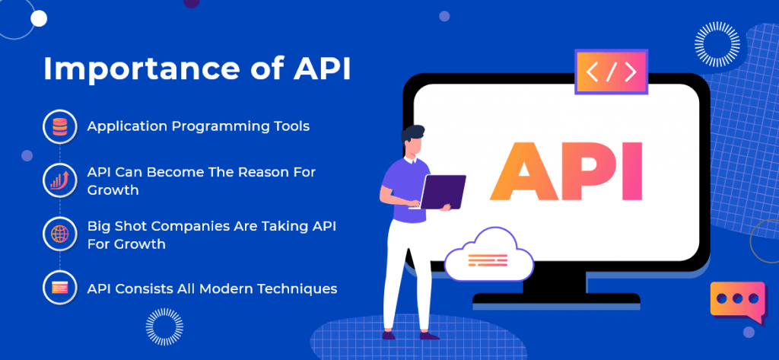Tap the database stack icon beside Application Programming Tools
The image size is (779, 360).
coord(59,127)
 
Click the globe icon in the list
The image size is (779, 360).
coord(59,233)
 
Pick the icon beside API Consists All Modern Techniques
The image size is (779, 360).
coord(59,288)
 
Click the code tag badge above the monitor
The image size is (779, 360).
coord(611,72)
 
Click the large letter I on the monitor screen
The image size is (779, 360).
coord(635,170)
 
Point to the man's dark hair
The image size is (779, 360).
coord(412,134)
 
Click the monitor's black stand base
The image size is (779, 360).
coord(556,298)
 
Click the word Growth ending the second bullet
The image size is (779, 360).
coord(113,190)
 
